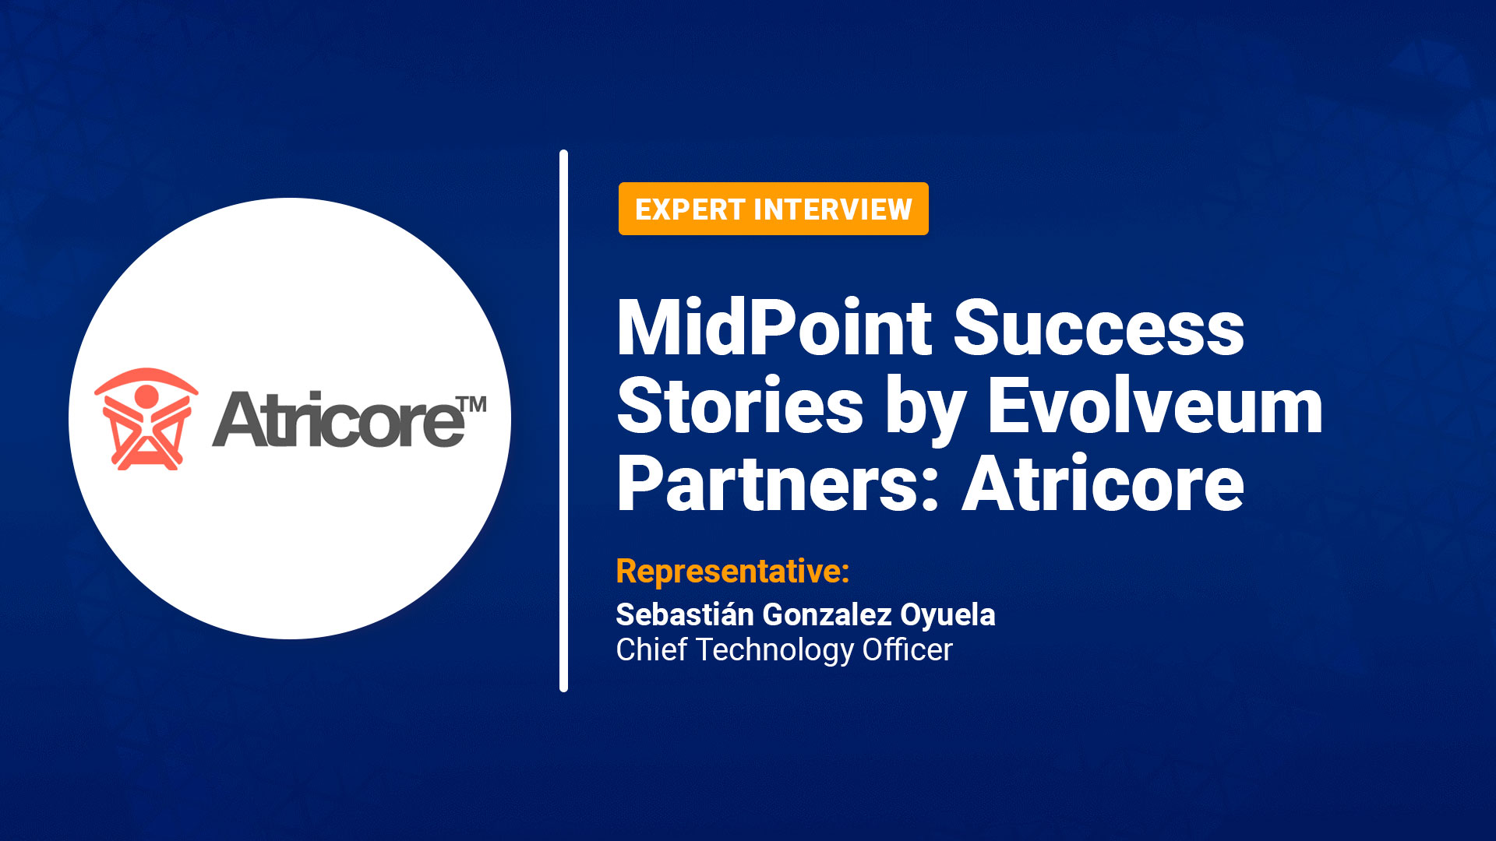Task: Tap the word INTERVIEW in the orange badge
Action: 833,209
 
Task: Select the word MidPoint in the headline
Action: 774,327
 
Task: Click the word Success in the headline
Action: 1099,327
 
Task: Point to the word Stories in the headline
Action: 740,405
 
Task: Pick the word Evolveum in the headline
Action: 1155,405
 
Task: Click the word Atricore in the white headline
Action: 1103,483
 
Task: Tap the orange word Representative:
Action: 732,572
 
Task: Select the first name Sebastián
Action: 685,614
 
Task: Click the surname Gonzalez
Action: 827,615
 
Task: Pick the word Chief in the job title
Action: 651,649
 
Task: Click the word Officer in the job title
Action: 907,649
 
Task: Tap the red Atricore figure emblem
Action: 146,419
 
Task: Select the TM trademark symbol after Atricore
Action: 471,405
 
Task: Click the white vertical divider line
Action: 563,420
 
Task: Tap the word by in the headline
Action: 926,409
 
